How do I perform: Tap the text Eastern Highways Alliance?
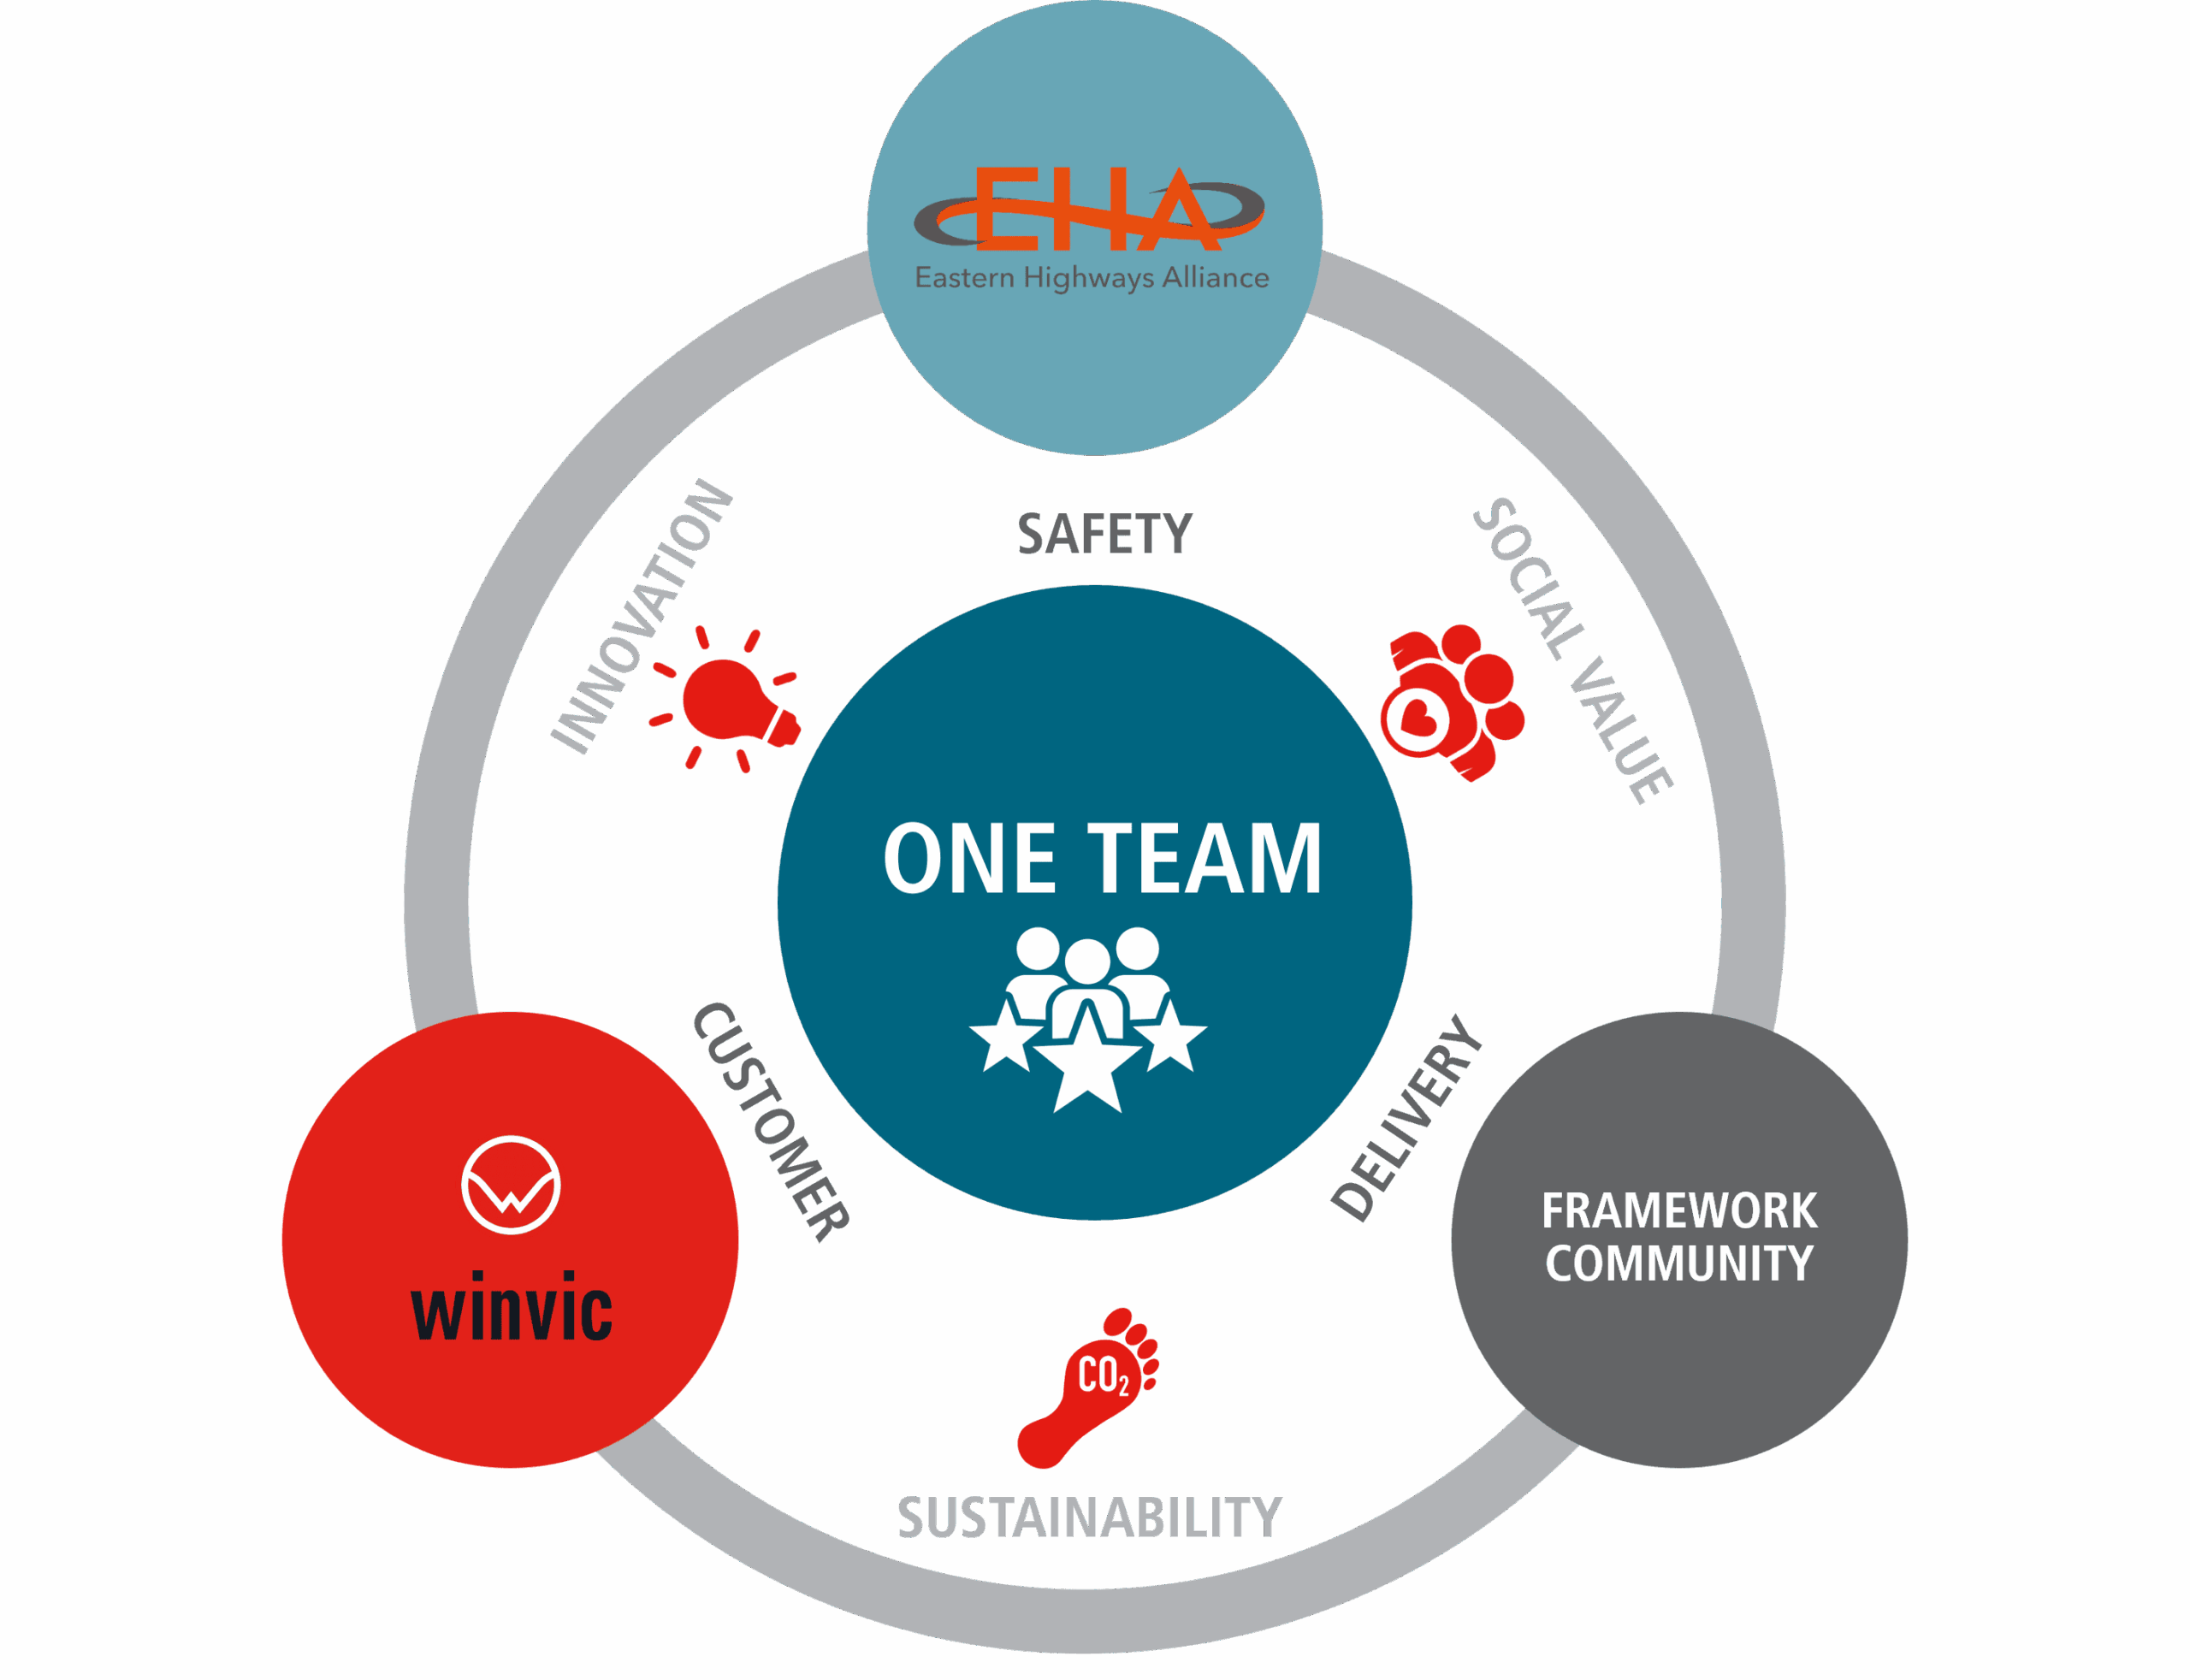click(1091, 277)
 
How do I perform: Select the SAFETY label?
click(1104, 534)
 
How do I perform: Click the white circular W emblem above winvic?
click(510, 1185)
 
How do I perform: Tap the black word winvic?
click(511, 1307)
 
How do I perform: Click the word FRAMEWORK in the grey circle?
click(1679, 1211)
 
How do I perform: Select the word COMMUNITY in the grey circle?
click(1679, 1263)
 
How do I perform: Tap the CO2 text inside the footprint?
click(1103, 1376)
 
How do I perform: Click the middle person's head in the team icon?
click(1087, 961)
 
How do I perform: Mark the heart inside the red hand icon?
click(1418, 716)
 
